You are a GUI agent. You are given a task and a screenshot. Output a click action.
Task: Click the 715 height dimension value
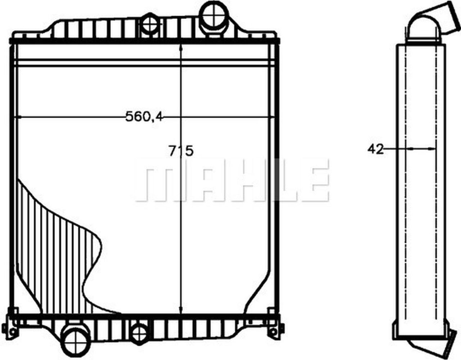point(181,150)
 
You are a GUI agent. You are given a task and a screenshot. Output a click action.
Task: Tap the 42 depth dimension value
point(376,149)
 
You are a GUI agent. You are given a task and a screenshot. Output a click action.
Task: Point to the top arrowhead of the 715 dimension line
point(181,49)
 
